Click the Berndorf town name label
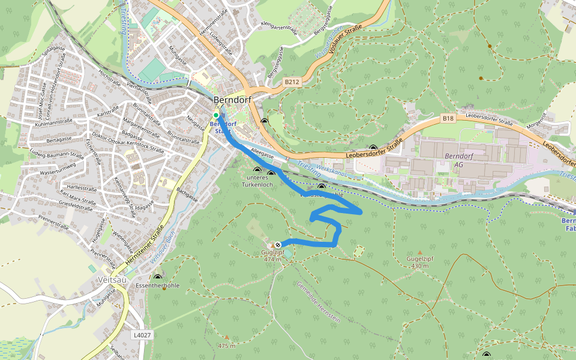click(x=232, y=100)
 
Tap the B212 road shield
click(x=292, y=82)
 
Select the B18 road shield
click(x=448, y=119)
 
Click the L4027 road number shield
click(x=142, y=335)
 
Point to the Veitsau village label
click(x=111, y=280)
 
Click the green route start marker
click(x=216, y=115)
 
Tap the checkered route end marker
click(x=278, y=244)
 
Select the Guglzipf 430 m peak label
click(x=420, y=262)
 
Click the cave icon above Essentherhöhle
click(x=158, y=277)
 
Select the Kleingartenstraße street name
click(x=280, y=27)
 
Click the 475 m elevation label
click(x=227, y=346)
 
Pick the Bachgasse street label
click(x=187, y=195)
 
